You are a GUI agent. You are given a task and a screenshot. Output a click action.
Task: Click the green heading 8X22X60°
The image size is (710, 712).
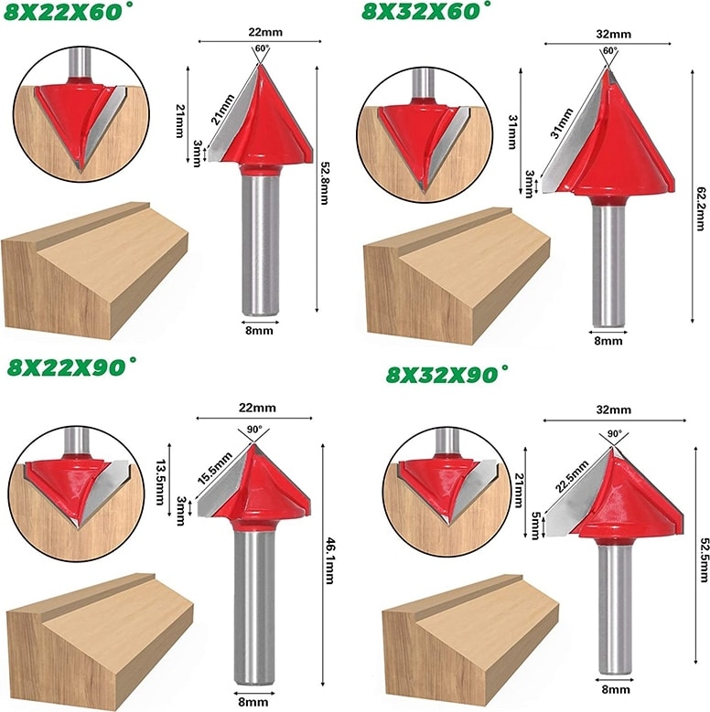tap(63, 12)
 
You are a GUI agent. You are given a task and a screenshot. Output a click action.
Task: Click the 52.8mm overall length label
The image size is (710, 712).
tap(324, 183)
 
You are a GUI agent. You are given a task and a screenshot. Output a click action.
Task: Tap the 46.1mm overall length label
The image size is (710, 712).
tap(330, 561)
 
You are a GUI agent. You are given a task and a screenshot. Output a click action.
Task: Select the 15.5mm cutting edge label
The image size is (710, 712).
tap(214, 468)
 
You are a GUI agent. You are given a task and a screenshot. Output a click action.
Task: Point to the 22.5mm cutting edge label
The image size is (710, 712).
tap(571, 476)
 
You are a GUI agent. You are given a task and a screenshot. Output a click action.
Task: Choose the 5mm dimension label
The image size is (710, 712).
tap(535, 526)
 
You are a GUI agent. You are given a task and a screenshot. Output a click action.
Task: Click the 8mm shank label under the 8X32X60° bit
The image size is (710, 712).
tap(608, 340)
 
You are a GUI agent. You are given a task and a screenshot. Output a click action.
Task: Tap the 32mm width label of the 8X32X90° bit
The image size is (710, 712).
tap(614, 409)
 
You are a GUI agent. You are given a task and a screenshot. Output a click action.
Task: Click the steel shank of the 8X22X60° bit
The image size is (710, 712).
tap(260, 245)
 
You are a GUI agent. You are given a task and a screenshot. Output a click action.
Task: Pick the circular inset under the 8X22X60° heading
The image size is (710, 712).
tap(81, 113)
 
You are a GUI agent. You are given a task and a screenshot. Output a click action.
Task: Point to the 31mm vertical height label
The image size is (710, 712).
tap(512, 132)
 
